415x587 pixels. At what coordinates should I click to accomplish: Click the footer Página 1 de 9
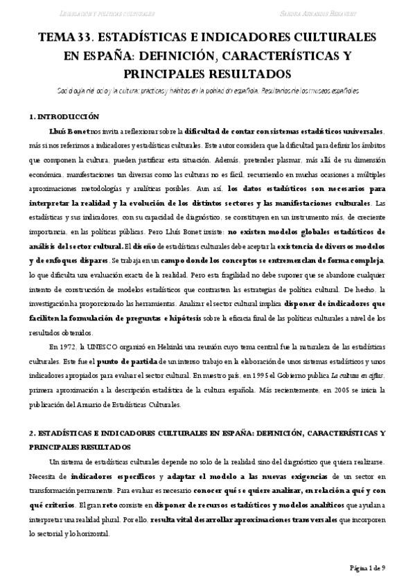(366, 568)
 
